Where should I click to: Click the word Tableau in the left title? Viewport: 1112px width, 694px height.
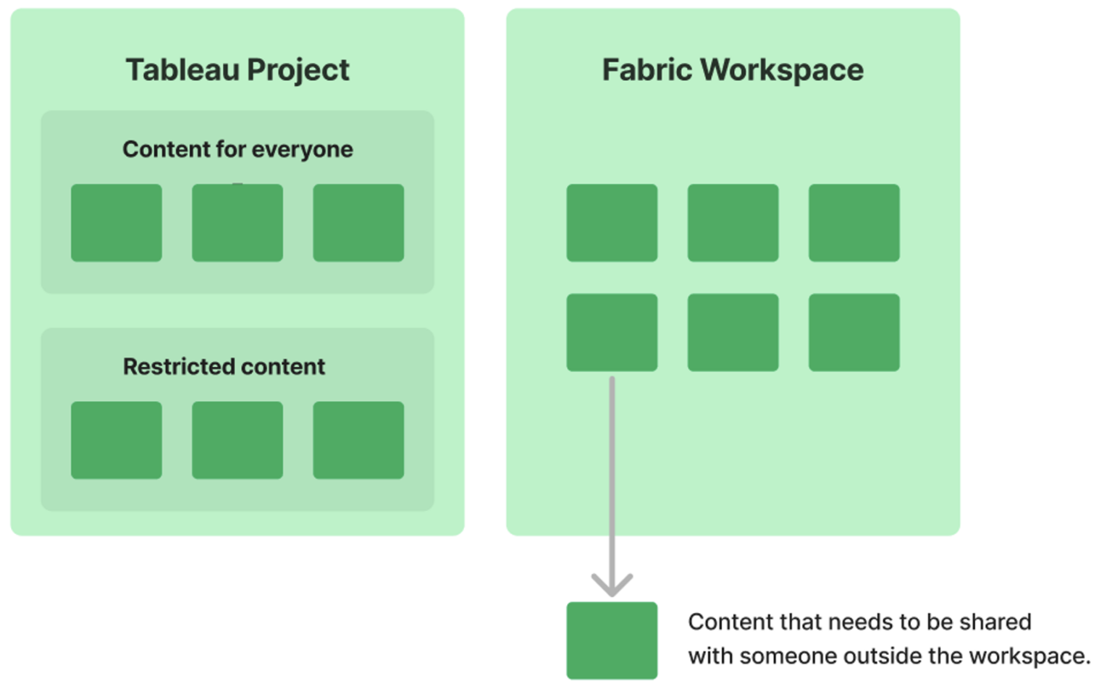click(x=182, y=70)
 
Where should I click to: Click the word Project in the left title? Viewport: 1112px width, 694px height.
click(x=298, y=70)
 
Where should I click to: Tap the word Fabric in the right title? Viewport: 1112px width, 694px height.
click(x=647, y=70)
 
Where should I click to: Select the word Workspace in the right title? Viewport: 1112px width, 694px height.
click(x=782, y=70)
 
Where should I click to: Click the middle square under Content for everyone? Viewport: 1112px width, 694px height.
click(x=237, y=223)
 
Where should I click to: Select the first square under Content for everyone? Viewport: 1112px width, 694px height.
click(x=117, y=223)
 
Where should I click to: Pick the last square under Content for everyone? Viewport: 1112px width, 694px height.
click(x=358, y=223)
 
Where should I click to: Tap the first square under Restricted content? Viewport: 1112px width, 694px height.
click(x=117, y=440)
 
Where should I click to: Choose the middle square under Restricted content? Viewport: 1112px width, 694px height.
click(x=237, y=440)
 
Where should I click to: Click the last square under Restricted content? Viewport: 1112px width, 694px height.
click(x=358, y=440)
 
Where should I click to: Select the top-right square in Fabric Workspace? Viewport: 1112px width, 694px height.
click(x=854, y=223)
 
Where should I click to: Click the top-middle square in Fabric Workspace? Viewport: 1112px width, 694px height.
click(x=733, y=223)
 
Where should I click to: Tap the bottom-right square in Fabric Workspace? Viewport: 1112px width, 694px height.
click(x=854, y=332)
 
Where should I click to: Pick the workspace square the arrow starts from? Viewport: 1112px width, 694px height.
click(x=612, y=332)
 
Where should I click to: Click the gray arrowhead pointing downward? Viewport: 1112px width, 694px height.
click(x=612, y=585)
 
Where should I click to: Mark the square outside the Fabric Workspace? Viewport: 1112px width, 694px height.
click(x=612, y=640)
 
